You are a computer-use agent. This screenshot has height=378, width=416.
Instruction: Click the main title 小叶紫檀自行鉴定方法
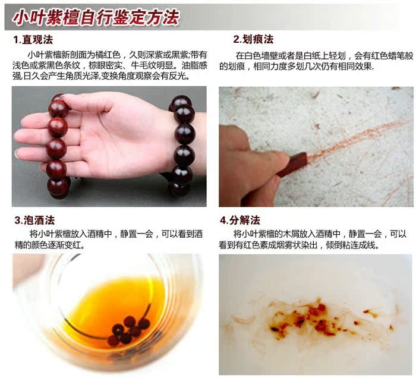pyautogui.click(x=96, y=17)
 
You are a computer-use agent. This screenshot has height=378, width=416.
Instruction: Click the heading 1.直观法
pyautogui.click(x=33, y=40)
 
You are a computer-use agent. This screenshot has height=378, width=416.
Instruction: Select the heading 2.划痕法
pyautogui.click(x=253, y=39)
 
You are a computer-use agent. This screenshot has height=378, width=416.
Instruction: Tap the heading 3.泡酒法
pyautogui.click(x=34, y=220)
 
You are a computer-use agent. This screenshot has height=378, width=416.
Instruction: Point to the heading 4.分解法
pyautogui.click(x=240, y=220)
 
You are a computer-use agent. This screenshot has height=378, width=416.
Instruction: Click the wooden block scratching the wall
pyautogui.click(x=292, y=165)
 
